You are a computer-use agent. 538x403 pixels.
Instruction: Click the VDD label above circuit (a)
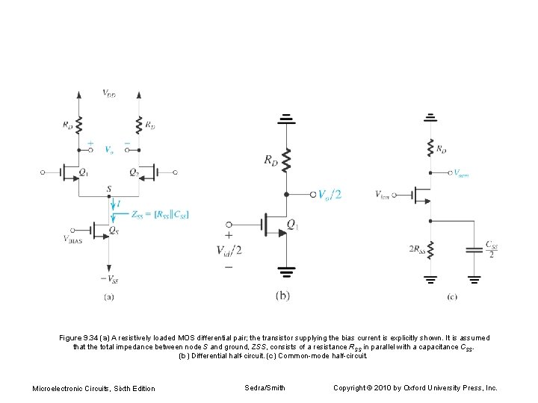point(109,93)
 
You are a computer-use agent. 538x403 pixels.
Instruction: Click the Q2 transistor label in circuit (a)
point(133,172)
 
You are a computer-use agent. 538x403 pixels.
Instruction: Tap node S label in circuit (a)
point(109,190)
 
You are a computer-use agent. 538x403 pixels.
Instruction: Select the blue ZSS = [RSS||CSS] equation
point(160,215)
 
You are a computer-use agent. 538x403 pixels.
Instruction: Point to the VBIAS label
point(74,240)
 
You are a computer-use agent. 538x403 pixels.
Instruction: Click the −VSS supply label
point(110,280)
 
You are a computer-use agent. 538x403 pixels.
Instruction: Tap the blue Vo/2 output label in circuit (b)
point(329,194)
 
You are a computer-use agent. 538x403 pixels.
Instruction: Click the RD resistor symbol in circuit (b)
point(287,160)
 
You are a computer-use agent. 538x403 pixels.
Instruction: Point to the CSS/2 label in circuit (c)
point(492,249)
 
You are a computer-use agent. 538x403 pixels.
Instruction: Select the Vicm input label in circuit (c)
point(383,195)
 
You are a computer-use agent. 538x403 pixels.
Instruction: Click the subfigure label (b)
point(282,296)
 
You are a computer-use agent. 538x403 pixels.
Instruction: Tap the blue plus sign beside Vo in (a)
point(91,143)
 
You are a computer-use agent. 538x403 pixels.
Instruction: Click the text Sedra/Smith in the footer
point(265,387)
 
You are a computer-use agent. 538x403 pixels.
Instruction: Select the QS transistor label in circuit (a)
point(114,231)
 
